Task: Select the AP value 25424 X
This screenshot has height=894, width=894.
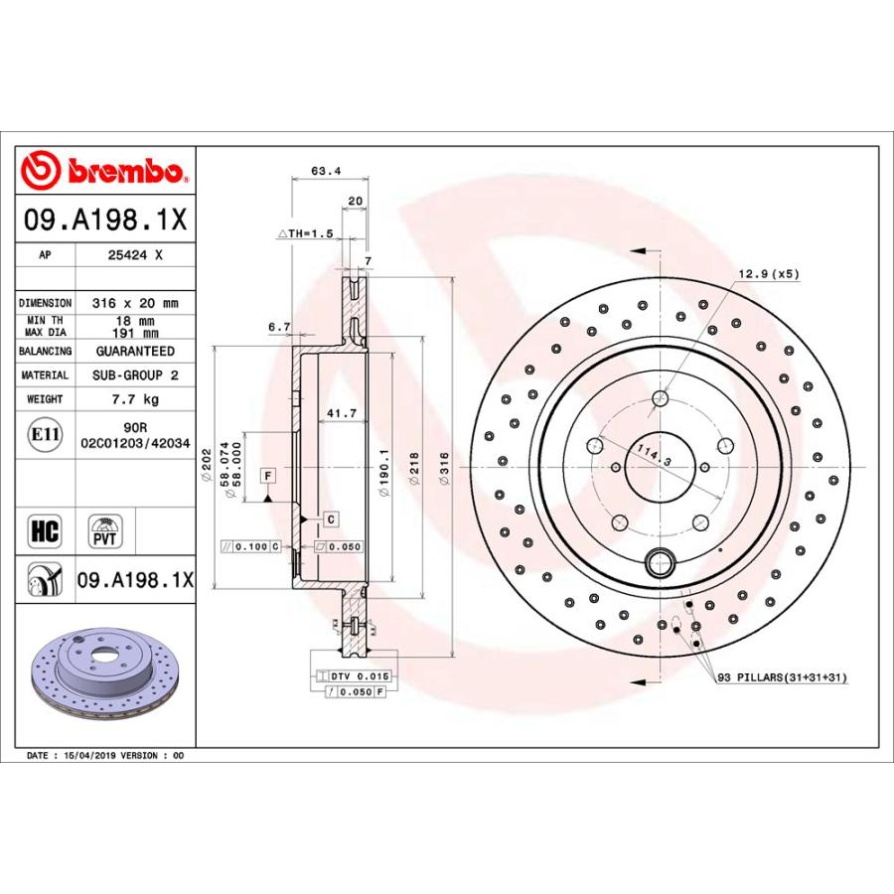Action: [x=134, y=255]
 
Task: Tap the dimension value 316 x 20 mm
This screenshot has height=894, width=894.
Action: [x=134, y=303]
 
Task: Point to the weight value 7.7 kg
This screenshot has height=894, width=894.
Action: [x=134, y=399]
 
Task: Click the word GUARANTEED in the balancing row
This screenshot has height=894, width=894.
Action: [x=134, y=352]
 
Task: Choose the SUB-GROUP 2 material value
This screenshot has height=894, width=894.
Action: [x=134, y=375]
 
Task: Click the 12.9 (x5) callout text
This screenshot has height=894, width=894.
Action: [x=768, y=273]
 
